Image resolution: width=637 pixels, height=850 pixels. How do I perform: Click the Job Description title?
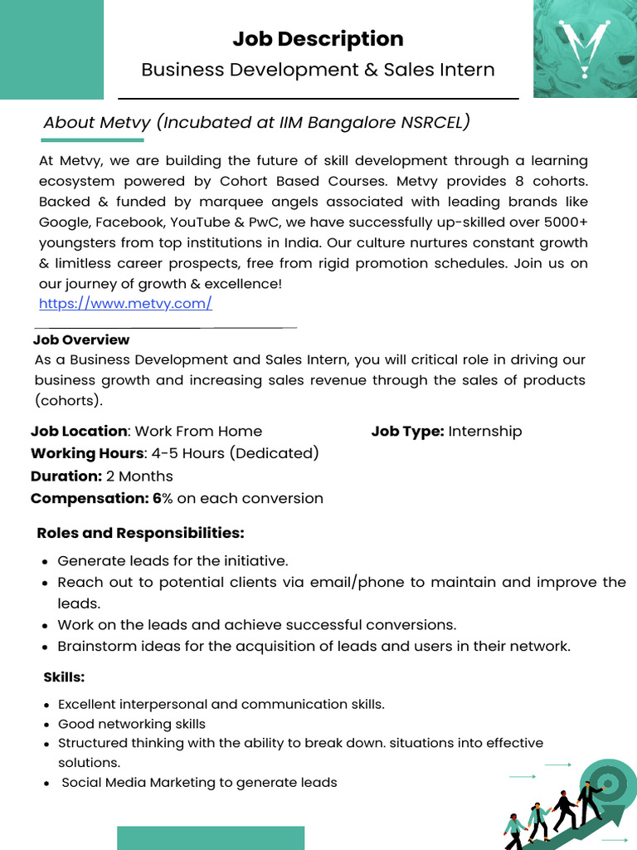click(x=318, y=39)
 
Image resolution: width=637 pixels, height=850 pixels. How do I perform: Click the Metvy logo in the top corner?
click(x=585, y=48)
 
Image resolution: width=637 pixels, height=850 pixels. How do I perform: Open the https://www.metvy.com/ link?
click(x=125, y=304)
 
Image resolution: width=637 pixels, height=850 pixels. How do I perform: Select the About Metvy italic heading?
click(x=256, y=123)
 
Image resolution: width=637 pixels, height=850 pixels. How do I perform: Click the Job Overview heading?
click(x=81, y=340)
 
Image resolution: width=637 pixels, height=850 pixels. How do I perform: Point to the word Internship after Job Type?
click(x=485, y=432)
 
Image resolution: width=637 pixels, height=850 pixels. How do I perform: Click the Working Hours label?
click(x=87, y=454)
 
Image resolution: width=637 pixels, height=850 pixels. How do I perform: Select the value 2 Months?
click(x=139, y=476)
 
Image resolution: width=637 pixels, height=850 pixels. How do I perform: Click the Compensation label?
click(x=90, y=499)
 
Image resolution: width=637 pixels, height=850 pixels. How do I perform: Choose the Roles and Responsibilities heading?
click(x=140, y=533)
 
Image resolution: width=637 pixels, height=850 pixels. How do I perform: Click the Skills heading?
click(x=64, y=677)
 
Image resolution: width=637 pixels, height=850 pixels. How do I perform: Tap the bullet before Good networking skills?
click(x=46, y=725)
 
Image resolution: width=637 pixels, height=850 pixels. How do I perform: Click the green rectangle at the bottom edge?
click(x=211, y=838)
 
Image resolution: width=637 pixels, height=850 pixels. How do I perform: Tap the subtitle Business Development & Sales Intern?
click(x=318, y=70)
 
